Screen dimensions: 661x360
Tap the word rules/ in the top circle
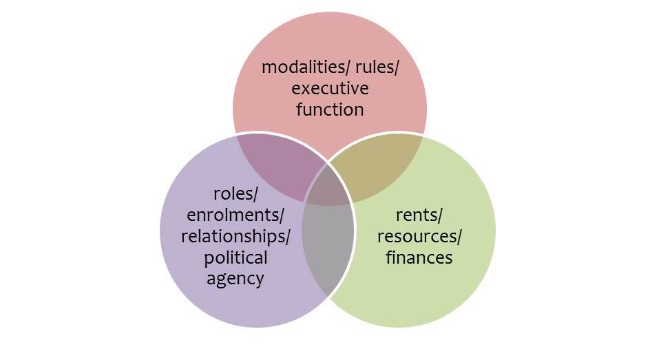pos(377,67)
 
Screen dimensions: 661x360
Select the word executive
pos(330,89)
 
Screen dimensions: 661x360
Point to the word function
pos(330,109)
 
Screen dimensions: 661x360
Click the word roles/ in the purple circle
pos(235,194)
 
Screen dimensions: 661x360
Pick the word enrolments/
pos(235,215)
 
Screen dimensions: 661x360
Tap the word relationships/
pos(235,236)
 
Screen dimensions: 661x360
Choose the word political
pos(235,258)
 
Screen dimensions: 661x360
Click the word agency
pos(235,279)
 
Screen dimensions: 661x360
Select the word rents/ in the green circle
pos(419,215)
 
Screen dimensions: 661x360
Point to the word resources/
pos(419,237)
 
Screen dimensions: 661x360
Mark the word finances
pos(419,257)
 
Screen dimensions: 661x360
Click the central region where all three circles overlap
pos(328,185)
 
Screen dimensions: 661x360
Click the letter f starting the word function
pos(300,109)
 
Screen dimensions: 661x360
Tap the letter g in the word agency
pos(223,281)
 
